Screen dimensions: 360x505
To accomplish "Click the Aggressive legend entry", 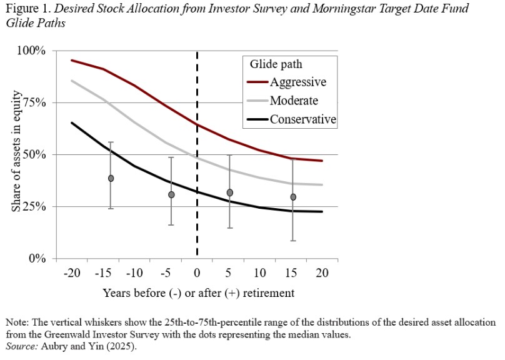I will point(298,82).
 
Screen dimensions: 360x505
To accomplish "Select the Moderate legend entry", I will point(294,101).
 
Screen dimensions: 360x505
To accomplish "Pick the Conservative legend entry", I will point(303,119).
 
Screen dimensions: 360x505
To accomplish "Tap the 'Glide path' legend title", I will point(276,64).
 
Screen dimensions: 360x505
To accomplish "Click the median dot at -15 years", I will point(111,178).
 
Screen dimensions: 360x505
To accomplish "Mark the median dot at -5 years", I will point(171,194).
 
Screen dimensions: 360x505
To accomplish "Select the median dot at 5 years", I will point(230,192).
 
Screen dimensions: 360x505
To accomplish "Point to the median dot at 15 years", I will point(292,197).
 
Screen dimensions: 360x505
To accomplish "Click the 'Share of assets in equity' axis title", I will point(17,154).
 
